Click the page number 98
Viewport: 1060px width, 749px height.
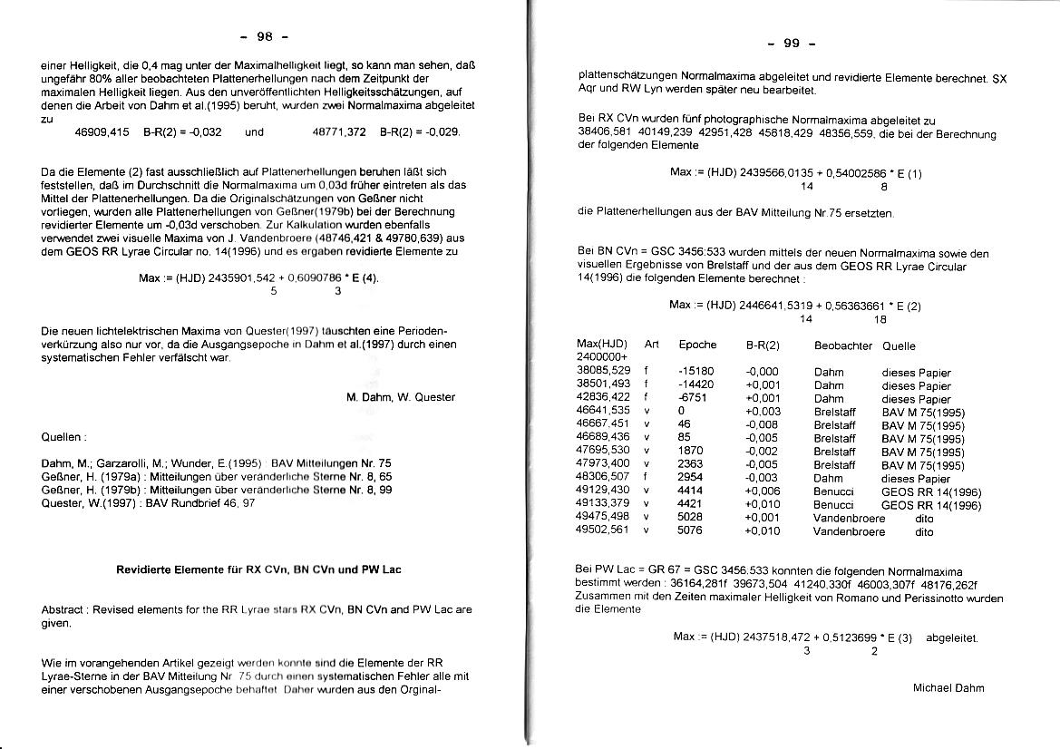(265, 37)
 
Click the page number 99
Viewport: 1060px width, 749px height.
(791, 44)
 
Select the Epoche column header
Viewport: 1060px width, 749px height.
(697, 345)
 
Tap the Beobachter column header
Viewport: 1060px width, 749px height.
(843, 345)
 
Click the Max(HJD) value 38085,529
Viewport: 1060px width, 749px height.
(603, 372)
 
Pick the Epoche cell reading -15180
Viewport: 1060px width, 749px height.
(695, 372)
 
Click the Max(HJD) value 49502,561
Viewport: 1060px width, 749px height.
(603, 530)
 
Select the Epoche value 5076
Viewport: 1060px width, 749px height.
(690, 530)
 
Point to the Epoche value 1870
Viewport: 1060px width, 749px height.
(690, 451)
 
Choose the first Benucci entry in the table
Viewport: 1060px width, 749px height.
(833, 491)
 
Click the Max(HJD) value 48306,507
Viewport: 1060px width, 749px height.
(603, 478)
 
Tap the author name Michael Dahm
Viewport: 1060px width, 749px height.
(948, 687)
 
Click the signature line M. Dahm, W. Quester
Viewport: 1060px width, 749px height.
(400, 397)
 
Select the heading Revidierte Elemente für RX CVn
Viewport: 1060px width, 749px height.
(258, 569)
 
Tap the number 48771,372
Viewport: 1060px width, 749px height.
(338, 132)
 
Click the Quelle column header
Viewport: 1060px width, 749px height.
(899, 345)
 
